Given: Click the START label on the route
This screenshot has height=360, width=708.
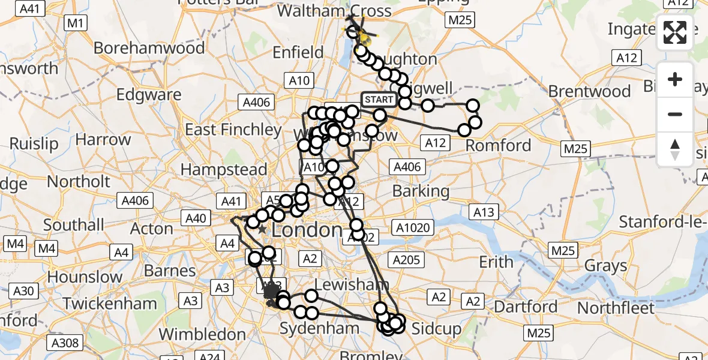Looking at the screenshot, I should point(379,100).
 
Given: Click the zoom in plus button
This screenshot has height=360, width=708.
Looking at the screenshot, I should point(675,80).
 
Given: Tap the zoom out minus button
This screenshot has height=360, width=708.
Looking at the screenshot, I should point(675,114).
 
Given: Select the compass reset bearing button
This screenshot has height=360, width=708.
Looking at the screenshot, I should point(675,149).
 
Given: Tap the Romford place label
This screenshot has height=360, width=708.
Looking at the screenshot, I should point(499,145).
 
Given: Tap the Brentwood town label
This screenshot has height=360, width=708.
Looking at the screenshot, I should point(589,91).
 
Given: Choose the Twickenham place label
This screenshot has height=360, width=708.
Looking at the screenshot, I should point(110,304).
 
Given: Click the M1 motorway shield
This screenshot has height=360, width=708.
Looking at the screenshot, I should point(76,23).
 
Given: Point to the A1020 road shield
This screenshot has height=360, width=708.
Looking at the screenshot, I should point(412,227).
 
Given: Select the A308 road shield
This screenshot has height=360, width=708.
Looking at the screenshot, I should point(64,343).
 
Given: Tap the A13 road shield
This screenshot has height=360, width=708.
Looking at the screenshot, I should point(484,212).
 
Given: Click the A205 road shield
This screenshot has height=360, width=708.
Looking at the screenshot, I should point(406,260).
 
